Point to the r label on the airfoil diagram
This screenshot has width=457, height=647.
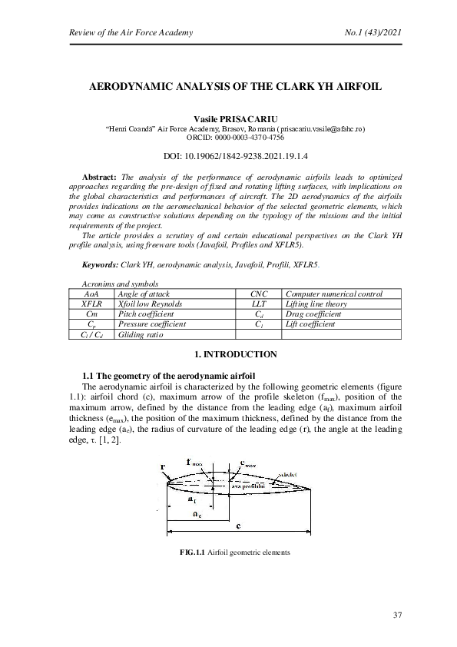(x=162, y=466)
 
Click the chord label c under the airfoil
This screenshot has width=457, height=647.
(x=239, y=526)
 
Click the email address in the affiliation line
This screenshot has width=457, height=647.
(x=321, y=130)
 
